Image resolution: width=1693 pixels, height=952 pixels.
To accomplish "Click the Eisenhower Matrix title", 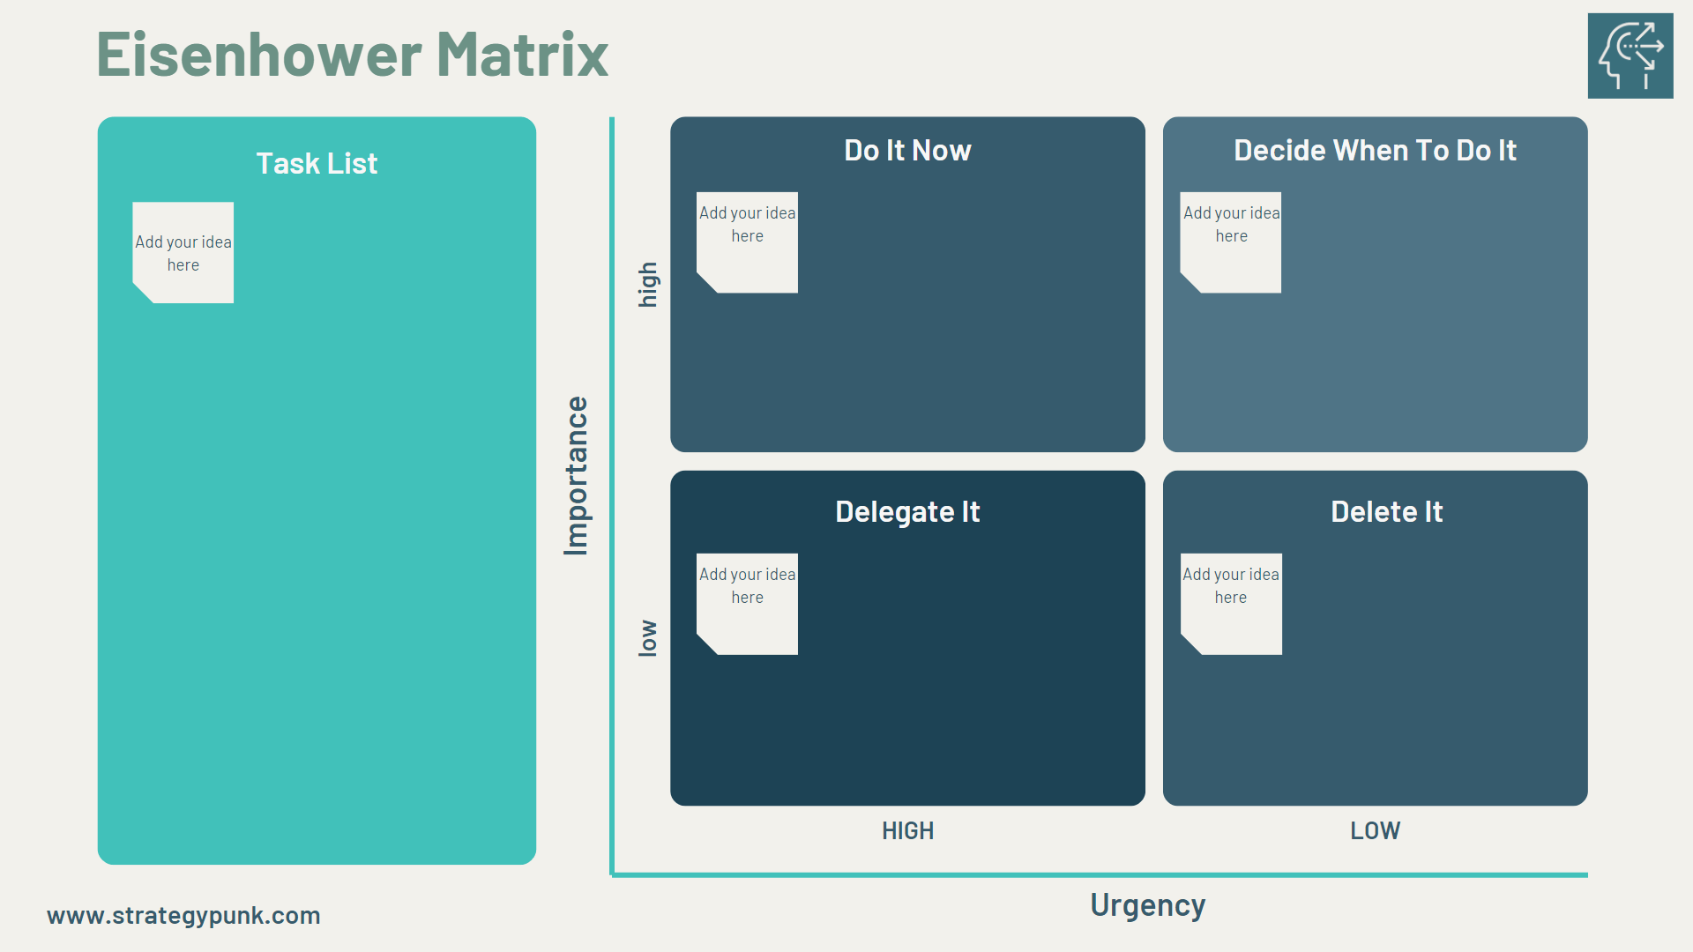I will click(x=352, y=55).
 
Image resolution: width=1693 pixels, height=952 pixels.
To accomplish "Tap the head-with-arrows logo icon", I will click(x=1630, y=56).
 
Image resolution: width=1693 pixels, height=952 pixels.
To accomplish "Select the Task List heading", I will click(x=317, y=164).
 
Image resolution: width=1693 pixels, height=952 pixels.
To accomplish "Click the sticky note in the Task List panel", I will click(x=183, y=253).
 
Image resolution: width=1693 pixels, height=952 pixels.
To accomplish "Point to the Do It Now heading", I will click(x=907, y=151).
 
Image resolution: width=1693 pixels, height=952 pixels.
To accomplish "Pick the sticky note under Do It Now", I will click(x=748, y=242).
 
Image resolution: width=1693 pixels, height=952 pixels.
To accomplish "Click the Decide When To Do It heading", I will click(x=1375, y=151).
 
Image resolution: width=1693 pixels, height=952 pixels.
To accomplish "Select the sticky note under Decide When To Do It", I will click(x=1231, y=242).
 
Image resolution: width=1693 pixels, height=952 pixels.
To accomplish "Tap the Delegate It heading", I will click(x=907, y=512).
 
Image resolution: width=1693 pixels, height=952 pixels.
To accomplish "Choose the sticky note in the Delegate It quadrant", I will click(x=748, y=604).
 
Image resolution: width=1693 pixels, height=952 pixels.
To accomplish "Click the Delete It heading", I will click(x=1386, y=512).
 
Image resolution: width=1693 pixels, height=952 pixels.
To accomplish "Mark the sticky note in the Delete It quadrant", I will click(x=1231, y=604).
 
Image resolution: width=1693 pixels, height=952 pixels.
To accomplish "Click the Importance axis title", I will click(x=576, y=476).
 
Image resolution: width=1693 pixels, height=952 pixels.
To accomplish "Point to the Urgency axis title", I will click(x=1147, y=905).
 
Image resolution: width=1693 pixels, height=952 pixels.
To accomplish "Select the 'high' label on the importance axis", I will click(x=648, y=285).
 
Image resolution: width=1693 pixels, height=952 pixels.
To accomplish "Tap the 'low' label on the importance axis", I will click(x=648, y=638).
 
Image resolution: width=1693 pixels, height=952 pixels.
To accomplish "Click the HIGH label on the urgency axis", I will click(x=907, y=831).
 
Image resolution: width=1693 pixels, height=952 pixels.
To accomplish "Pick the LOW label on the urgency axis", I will click(x=1375, y=831).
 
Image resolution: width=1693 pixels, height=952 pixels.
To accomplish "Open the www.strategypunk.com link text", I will click(x=183, y=916).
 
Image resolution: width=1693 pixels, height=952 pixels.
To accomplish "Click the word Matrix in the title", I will click(x=522, y=55).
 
